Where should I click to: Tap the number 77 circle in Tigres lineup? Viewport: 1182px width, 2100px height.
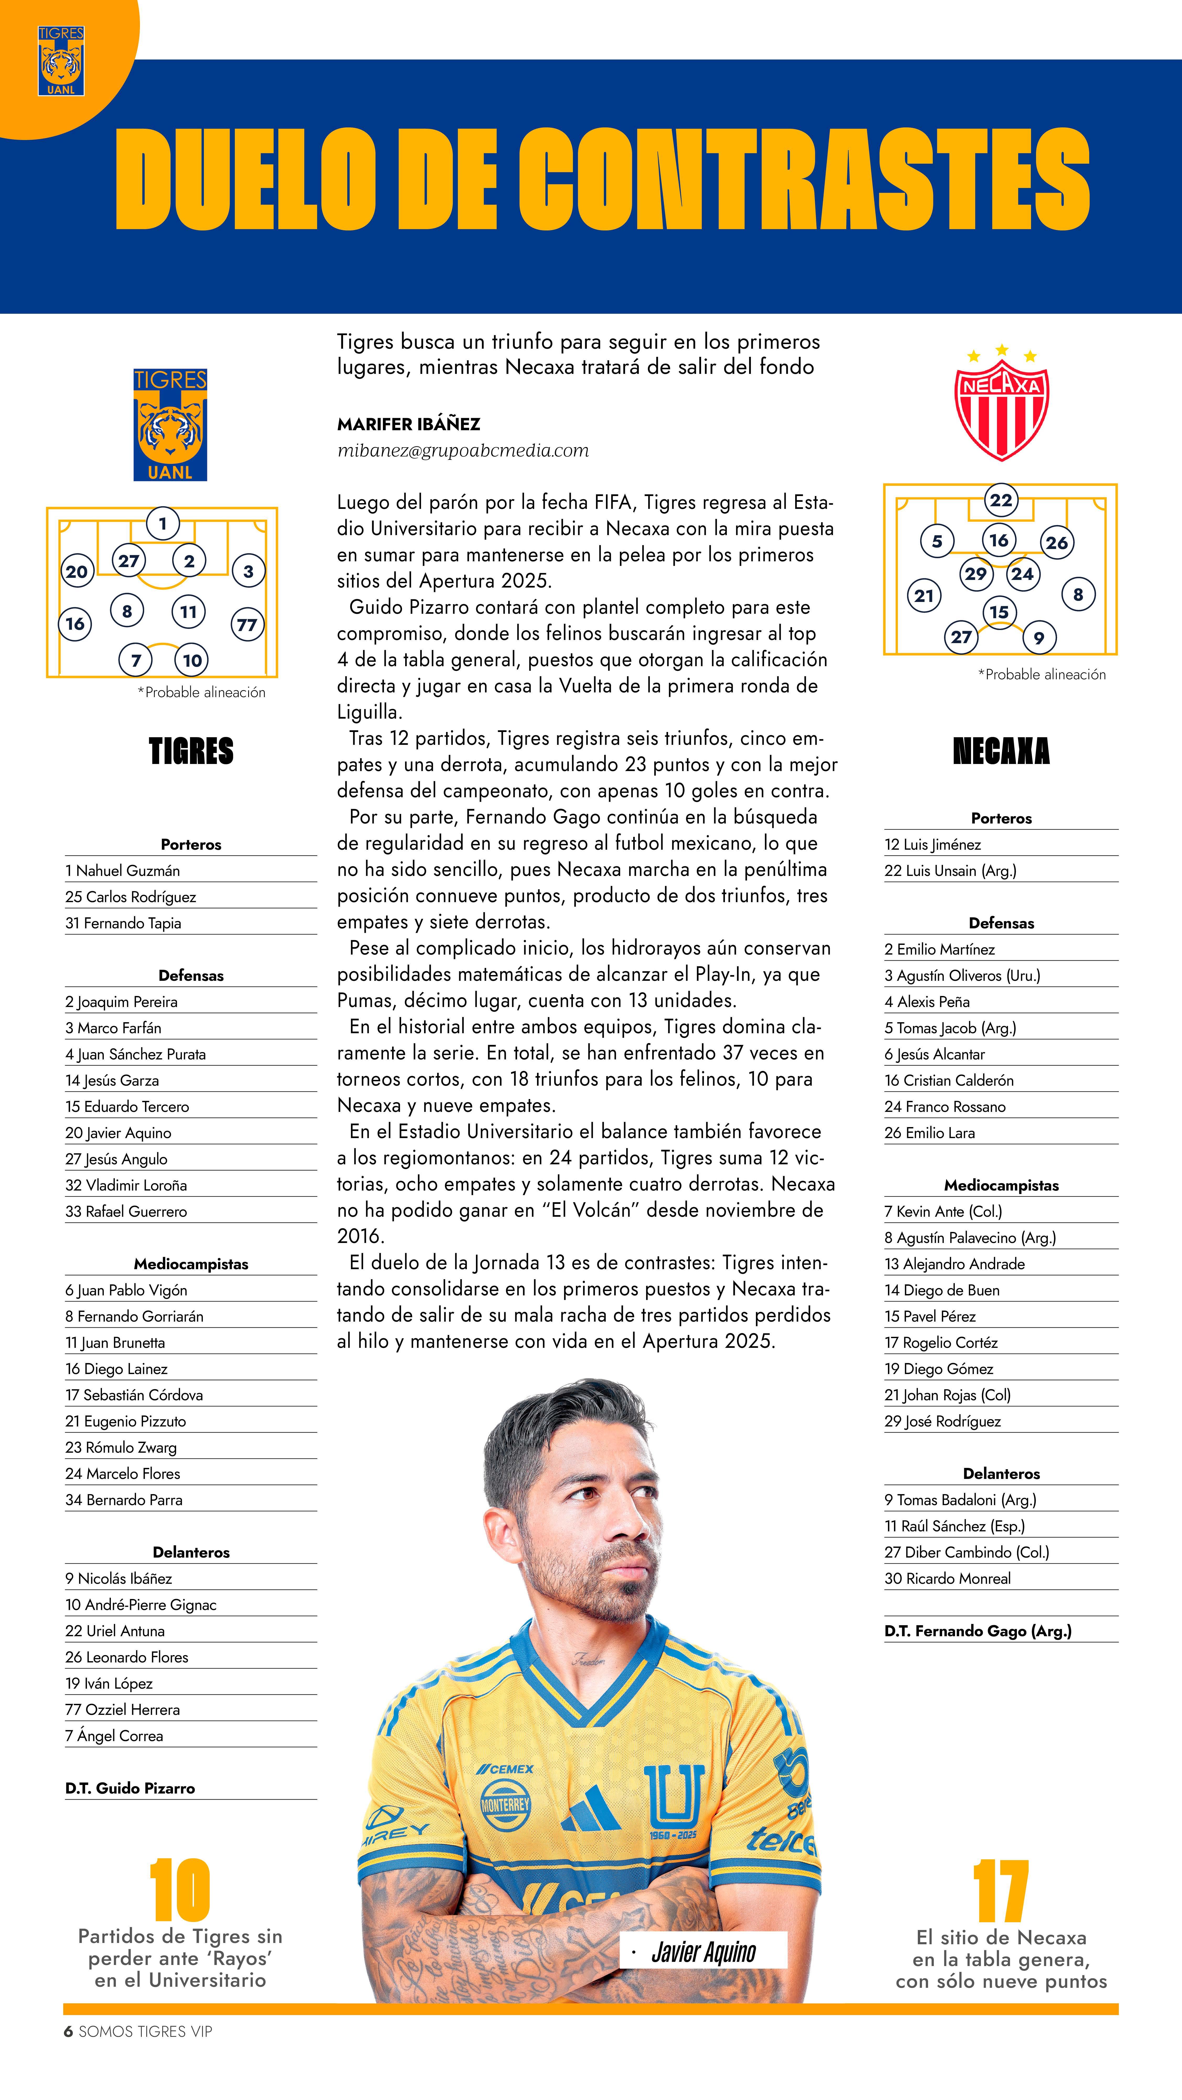click(x=246, y=625)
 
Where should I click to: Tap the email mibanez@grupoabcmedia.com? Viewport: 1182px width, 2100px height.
click(x=462, y=450)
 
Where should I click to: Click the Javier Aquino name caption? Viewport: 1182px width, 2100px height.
click(x=703, y=1951)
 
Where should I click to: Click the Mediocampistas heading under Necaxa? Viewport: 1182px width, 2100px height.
click(x=1001, y=1185)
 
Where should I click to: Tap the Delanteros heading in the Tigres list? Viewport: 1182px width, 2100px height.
click(x=191, y=1552)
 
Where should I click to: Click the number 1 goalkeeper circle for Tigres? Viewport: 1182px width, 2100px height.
click(x=163, y=523)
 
